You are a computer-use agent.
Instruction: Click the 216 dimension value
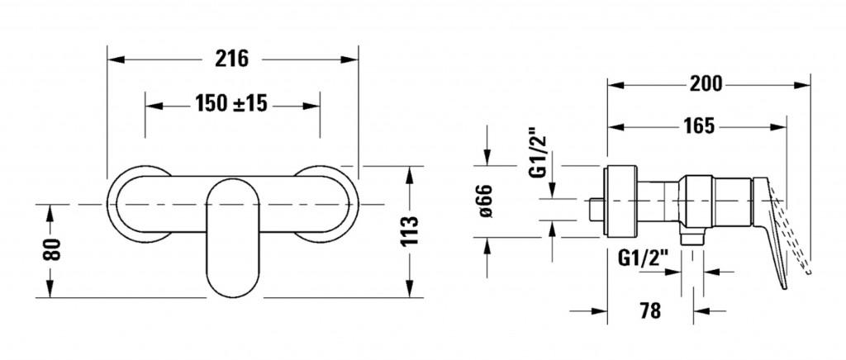pyautogui.click(x=233, y=59)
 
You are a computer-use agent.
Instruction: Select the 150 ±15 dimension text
pyautogui.click(x=232, y=105)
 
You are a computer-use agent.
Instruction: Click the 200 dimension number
pyautogui.click(x=706, y=83)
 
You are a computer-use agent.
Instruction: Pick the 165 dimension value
pyautogui.click(x=699, y=126)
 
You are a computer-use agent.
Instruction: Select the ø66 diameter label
pyautogui.click(x=487, y=201)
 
